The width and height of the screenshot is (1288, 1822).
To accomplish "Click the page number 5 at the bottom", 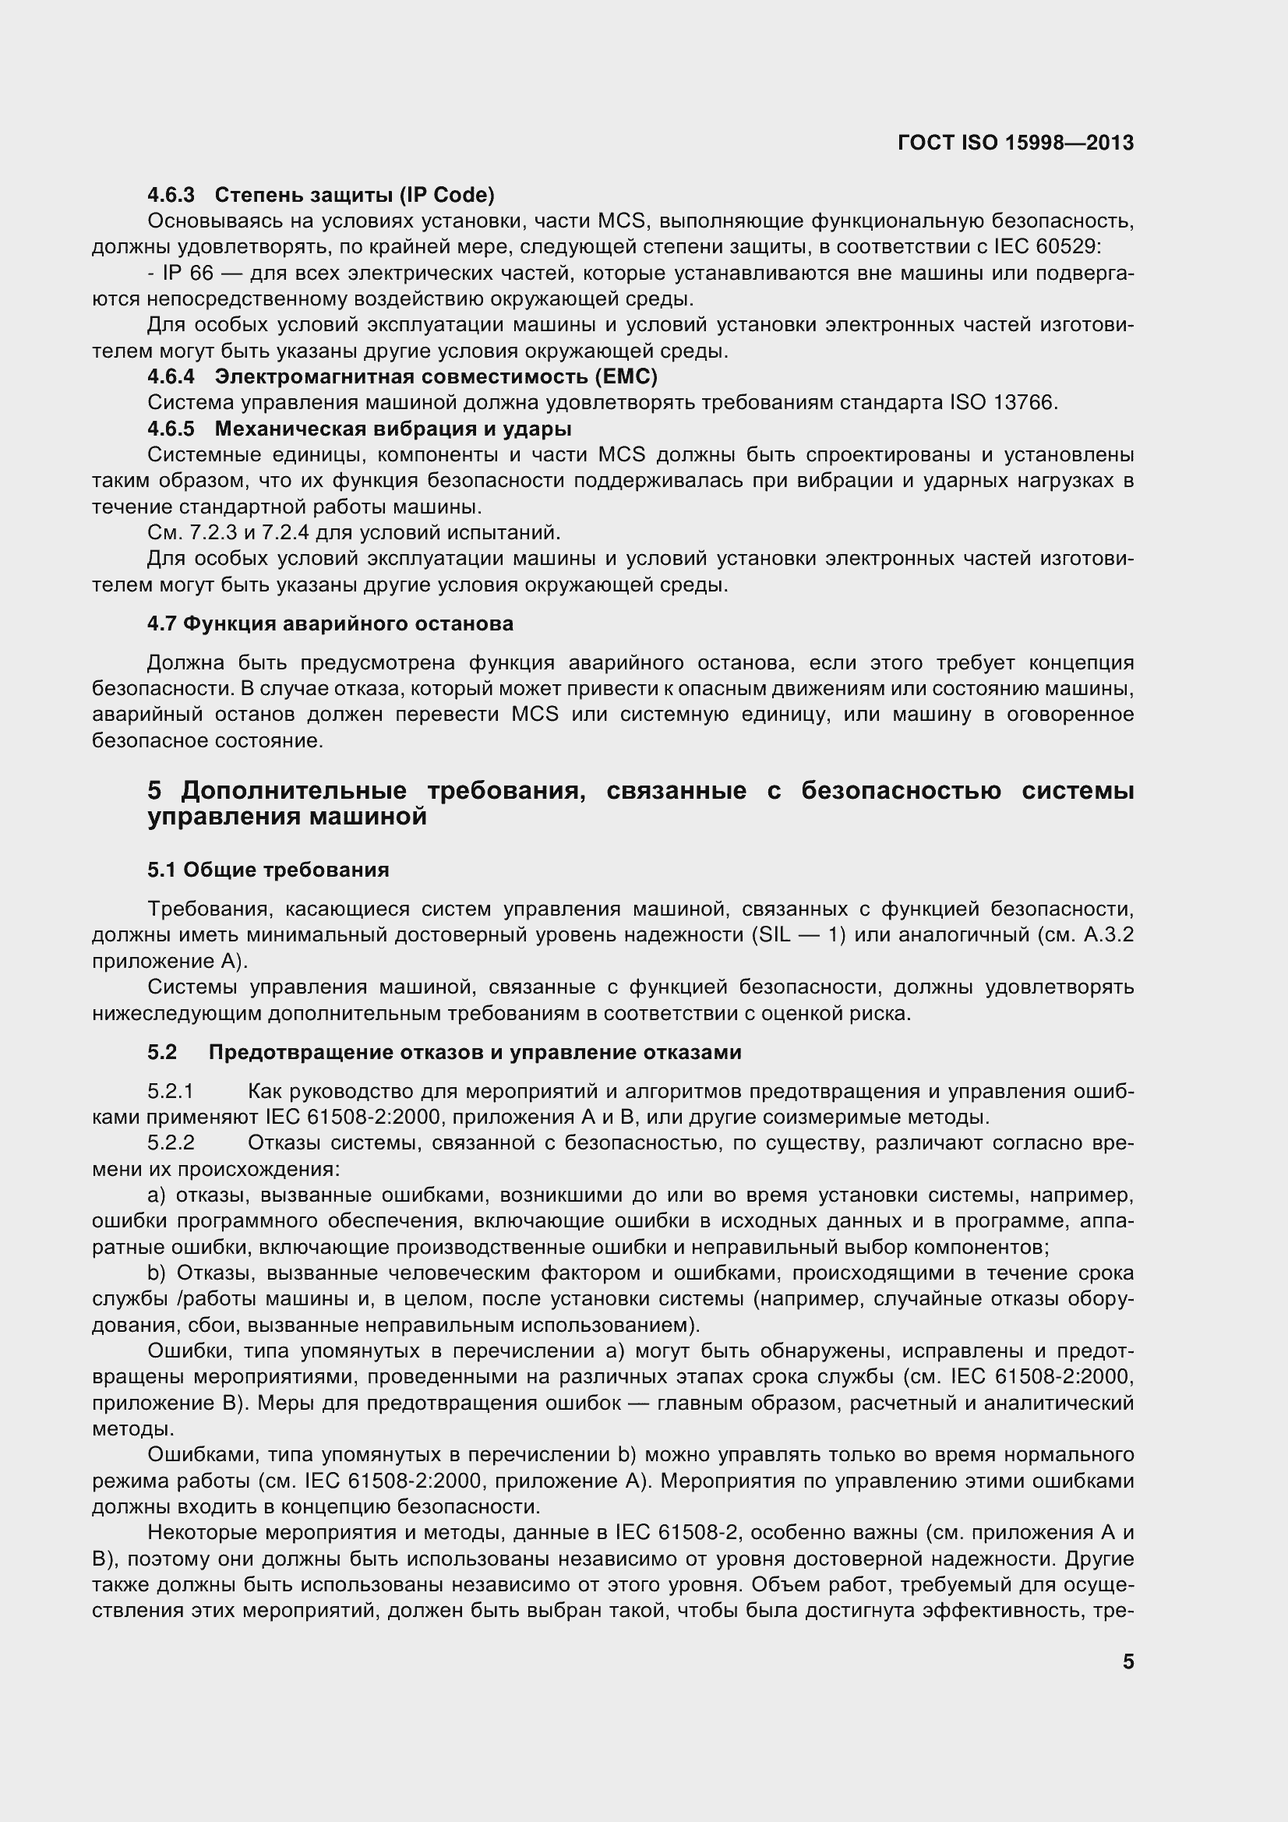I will tap(1127, 1661).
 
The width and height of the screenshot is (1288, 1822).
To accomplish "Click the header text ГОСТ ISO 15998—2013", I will tap(1015, 143).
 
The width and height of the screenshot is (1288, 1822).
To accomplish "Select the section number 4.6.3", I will tap(171, 194).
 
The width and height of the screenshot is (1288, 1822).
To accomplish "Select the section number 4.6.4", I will tap(171, 376).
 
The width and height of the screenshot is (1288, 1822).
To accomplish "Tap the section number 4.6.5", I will tap(171, 429).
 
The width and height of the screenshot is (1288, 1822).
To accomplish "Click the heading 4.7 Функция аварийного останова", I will tap(330, 623).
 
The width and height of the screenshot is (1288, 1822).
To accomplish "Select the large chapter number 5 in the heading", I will tap(155, 790).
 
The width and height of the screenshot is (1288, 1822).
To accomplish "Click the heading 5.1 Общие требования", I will tap(268, 870).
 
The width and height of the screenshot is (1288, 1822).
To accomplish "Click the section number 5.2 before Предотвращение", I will tap(162, 1052).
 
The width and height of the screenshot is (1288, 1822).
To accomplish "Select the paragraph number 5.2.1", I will tap(171, 1091).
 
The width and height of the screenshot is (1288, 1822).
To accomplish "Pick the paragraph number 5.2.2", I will tap(171, 1143).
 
